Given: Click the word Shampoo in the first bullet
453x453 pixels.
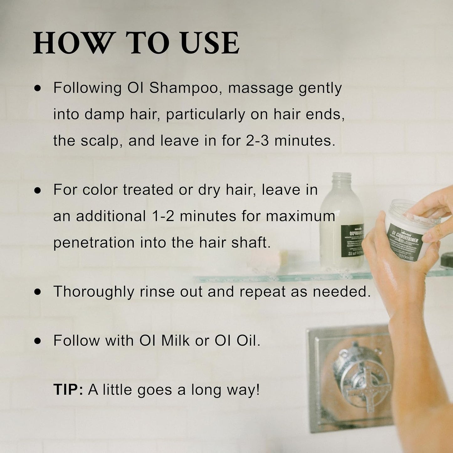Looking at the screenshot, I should click(183, 88).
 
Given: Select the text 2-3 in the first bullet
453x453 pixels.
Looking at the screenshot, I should click(257, 140).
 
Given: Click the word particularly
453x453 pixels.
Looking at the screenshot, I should click(206, 115).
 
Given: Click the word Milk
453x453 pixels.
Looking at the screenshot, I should click(175, 341).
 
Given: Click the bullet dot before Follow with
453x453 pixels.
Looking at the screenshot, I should click(38, 341).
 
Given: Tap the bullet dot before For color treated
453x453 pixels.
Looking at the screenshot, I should click(38, 190).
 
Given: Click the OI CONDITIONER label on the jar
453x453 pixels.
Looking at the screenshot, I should click(404, 238).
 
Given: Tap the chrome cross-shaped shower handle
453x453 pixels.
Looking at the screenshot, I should click(361, 379).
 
